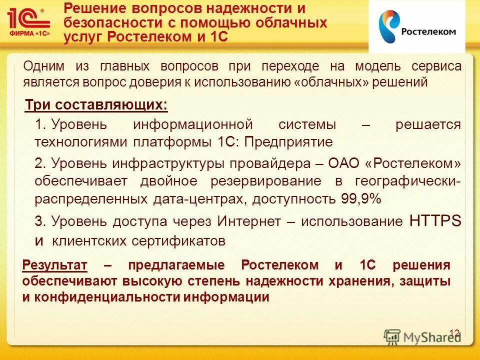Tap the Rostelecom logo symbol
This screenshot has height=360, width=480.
[x=387, y=27]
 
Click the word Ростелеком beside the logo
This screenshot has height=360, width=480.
[x=428, y=31]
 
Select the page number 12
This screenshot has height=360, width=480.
[x=454, y=333]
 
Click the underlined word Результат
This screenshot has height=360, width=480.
[x=55, y=265]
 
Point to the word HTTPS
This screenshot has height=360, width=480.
[x=435, y=221]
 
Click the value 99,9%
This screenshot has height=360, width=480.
[x=361, y=198]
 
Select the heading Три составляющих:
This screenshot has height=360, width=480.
[x=96, y=105]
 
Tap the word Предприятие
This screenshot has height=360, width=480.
[x=290, y=142]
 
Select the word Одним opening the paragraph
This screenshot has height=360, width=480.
[x=41, y=66]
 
